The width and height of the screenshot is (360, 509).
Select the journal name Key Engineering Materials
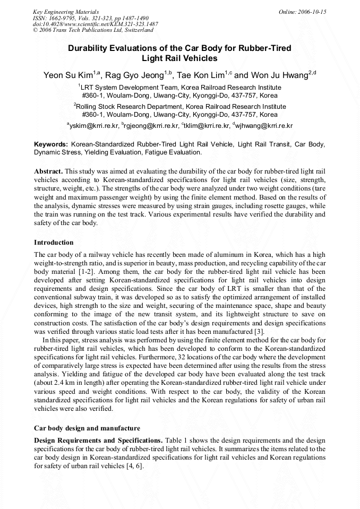66,11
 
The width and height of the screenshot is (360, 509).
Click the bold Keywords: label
51,144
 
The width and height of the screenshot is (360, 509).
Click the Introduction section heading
54,242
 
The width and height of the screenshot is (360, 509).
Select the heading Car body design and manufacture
87,428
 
